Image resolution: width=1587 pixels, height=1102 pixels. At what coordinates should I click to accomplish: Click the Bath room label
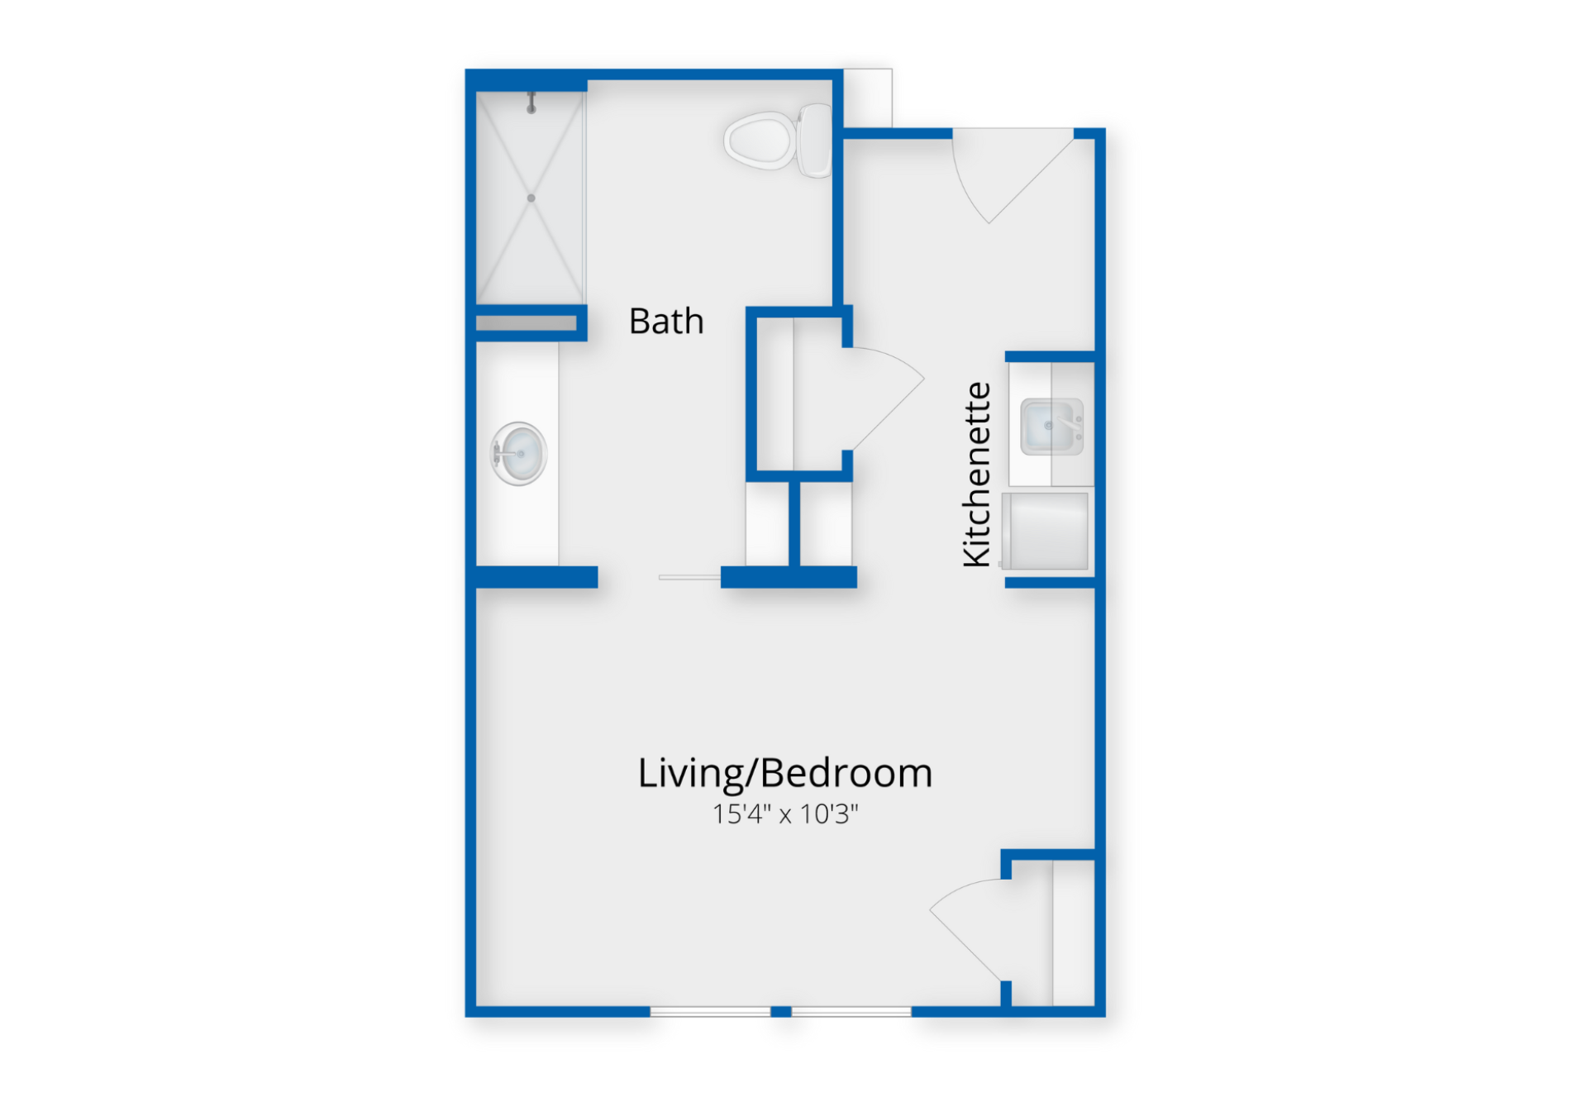666,322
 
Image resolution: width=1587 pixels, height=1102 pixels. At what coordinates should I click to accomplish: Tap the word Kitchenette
977,475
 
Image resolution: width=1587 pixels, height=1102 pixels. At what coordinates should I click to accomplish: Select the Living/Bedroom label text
785,774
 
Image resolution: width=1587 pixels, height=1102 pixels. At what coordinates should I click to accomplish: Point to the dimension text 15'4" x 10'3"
785,814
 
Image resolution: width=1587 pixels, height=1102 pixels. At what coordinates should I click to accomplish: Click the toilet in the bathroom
778,141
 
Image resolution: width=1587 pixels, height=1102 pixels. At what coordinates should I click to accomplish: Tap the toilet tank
815,141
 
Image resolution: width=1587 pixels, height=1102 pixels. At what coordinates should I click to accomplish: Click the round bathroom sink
519,454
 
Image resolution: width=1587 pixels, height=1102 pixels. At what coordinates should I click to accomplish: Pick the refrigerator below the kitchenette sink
1045,532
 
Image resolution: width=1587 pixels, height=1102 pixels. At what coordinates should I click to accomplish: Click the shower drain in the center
531,198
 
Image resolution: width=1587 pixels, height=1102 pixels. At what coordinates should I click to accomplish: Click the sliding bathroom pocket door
689,577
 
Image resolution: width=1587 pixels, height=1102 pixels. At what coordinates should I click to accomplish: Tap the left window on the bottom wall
710,1012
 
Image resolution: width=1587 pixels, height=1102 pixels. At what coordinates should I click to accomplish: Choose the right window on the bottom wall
851,1012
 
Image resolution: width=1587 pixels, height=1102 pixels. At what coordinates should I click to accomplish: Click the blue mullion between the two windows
781,1012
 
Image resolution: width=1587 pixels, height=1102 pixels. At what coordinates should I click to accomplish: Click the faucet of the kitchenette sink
1071,424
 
